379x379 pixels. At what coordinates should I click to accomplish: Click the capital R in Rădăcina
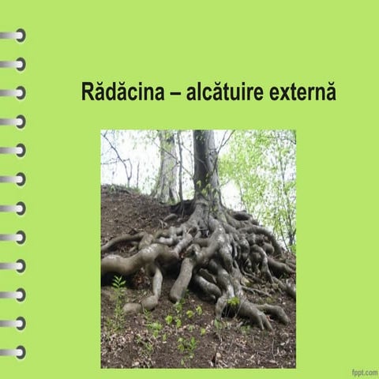click(87, 92)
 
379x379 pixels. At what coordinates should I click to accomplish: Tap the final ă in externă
click(331, 92)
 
